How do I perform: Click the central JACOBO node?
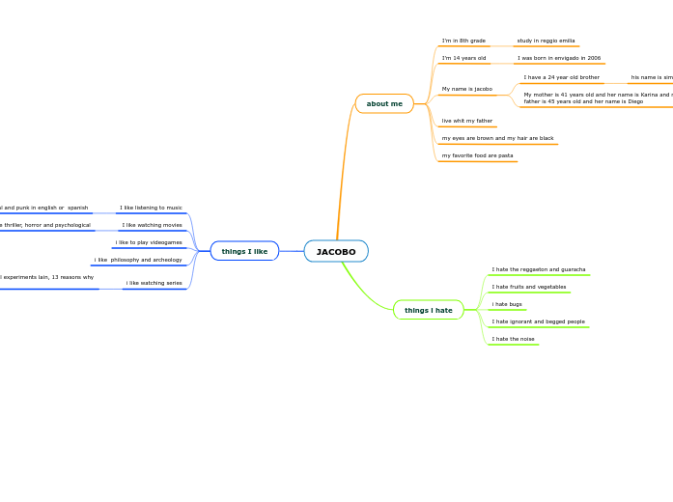point(336,252)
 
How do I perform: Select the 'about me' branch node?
point(384,103)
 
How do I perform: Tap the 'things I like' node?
point(244,251)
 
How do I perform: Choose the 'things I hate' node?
point(429,310)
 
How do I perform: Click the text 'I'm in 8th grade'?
point(463,41)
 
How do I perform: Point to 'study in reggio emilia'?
point(546,41)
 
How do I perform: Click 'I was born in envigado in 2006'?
point(558,58)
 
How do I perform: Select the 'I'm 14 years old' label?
point(463,58)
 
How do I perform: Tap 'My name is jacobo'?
point(467,89)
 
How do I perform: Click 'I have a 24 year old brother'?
point(561,77)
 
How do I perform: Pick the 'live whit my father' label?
point(467,121)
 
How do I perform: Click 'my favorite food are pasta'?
point(477,155)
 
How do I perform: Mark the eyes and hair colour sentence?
point(497,138)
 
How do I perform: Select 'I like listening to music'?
point(151,208)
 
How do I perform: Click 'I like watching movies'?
point(152,225)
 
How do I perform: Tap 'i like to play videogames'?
point(149,242)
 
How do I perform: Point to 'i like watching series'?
point(154,283)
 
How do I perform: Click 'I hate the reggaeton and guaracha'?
point(538,269)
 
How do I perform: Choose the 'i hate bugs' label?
point(507,304)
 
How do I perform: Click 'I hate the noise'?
point(513,339)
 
